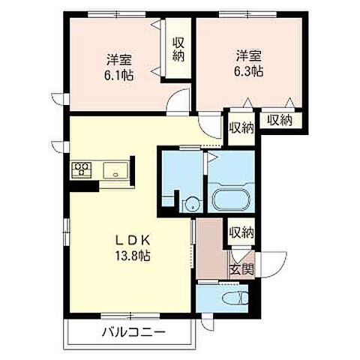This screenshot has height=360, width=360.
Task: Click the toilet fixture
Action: (x=235, y=298)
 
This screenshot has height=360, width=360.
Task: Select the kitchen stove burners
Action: (x=82, y=170)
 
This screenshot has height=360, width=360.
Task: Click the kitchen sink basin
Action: (x=115, y=170)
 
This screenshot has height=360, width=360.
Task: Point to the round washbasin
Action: (x=192, y=205)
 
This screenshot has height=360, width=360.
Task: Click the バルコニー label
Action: (x=133, y=332)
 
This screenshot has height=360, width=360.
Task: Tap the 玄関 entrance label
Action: (x=241, y=270)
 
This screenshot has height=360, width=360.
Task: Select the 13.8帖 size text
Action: (x=133, y=256)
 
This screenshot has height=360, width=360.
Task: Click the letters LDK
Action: (x=133, y=240)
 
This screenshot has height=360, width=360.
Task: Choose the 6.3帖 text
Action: (x=248, y=71)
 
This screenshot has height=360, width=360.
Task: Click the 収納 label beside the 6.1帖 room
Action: (x=178, y=49)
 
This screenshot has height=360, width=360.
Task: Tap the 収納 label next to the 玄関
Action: (x=241, y=232)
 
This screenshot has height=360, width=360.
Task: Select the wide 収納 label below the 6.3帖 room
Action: (x=280, y=121)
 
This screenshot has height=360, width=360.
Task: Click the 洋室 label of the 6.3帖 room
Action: (x=249, y=56)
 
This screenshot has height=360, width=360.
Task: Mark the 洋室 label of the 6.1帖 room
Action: (x=119, y=59)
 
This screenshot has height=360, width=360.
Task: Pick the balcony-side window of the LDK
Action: (x=130, y=316)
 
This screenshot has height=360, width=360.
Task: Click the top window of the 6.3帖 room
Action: (x=248, y=14)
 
